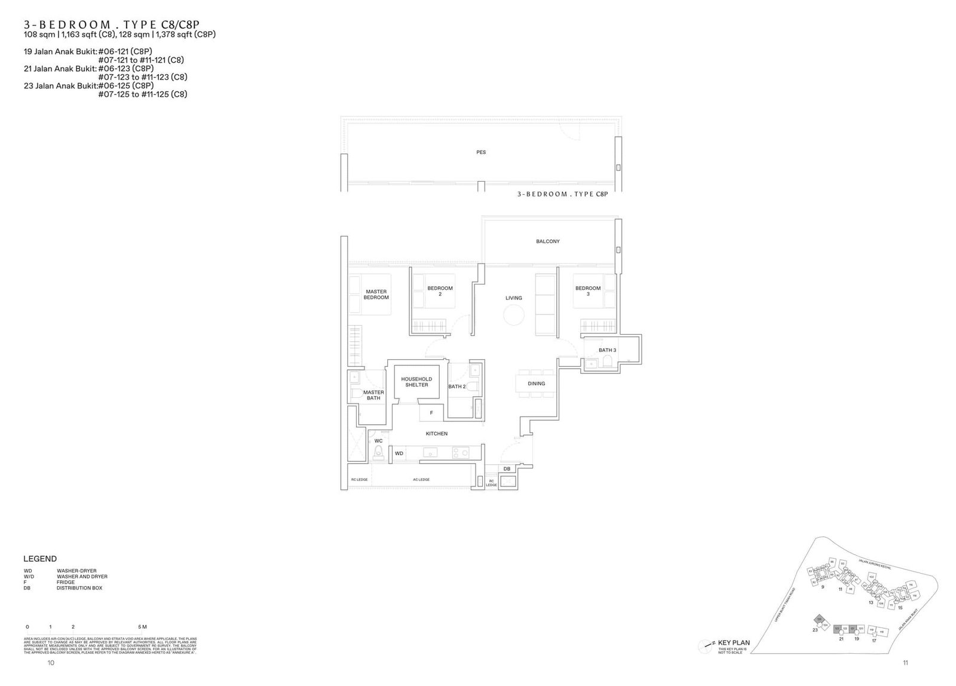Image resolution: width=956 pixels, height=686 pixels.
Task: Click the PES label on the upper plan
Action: [481, 152]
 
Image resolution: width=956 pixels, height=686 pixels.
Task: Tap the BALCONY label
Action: [547, 241]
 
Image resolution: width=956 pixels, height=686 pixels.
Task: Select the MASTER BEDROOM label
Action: [376, 295]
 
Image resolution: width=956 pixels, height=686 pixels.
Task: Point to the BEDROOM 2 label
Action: [440, 291]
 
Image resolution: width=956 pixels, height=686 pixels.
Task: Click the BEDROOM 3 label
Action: [588, 291]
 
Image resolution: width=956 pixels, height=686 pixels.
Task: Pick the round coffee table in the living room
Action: [513, 314]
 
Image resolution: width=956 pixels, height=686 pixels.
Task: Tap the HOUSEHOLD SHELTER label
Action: [416, 382]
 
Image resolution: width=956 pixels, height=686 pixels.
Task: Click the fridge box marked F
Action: [431, 413]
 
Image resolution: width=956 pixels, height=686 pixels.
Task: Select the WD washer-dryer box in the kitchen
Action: [399, 454]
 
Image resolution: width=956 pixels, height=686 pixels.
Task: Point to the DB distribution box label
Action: [507, 469]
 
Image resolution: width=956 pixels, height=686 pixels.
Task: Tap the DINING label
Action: [536, 384]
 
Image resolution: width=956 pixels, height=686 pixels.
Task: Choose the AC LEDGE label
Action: [421, 480]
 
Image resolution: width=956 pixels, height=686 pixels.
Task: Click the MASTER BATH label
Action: [373, 395]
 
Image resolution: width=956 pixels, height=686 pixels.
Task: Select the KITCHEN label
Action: [437, 434]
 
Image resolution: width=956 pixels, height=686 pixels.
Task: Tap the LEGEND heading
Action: [40, 559]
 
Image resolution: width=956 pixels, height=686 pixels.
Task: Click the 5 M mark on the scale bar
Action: [142, 627]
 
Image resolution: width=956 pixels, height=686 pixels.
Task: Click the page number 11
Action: [906, 663]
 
